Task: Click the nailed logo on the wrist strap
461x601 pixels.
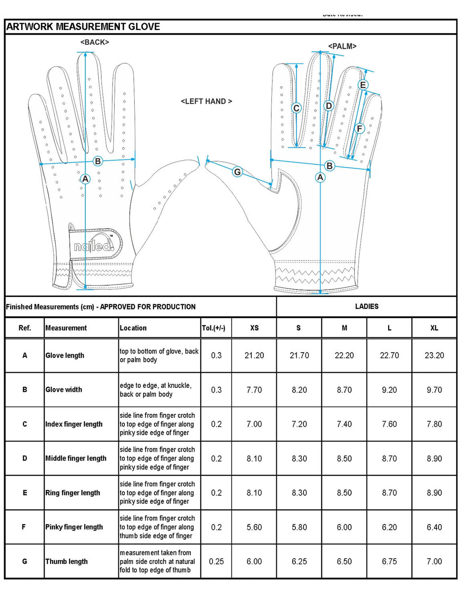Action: (94, 245)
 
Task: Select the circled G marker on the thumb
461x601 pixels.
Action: (237, 171)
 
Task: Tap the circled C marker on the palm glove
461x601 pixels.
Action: (296, 108)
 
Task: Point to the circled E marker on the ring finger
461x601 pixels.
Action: (363, 85)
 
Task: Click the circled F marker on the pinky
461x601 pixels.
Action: (359, 129)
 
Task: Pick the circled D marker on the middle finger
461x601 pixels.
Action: (329, 106)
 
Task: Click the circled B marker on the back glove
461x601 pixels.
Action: (97, 161)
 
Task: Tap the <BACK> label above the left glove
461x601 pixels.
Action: (95, 42)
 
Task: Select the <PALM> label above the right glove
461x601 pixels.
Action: (342, 46)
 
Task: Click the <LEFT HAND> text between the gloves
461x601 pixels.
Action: (206, 101)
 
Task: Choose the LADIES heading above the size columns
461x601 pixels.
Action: (366, 306)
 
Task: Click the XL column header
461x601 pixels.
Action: (434, 328)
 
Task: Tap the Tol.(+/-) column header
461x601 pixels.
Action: (213, 328)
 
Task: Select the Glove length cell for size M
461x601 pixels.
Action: (344, 355)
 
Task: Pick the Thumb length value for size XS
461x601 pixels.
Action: (254, 561)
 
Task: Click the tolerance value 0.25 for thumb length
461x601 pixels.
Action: (216, 561)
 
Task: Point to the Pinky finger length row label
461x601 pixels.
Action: (74, 527)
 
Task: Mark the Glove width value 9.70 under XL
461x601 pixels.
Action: (434, 390)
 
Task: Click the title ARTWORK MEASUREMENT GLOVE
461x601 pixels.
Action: (83, 27)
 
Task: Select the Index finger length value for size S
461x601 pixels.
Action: (299, 424)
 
